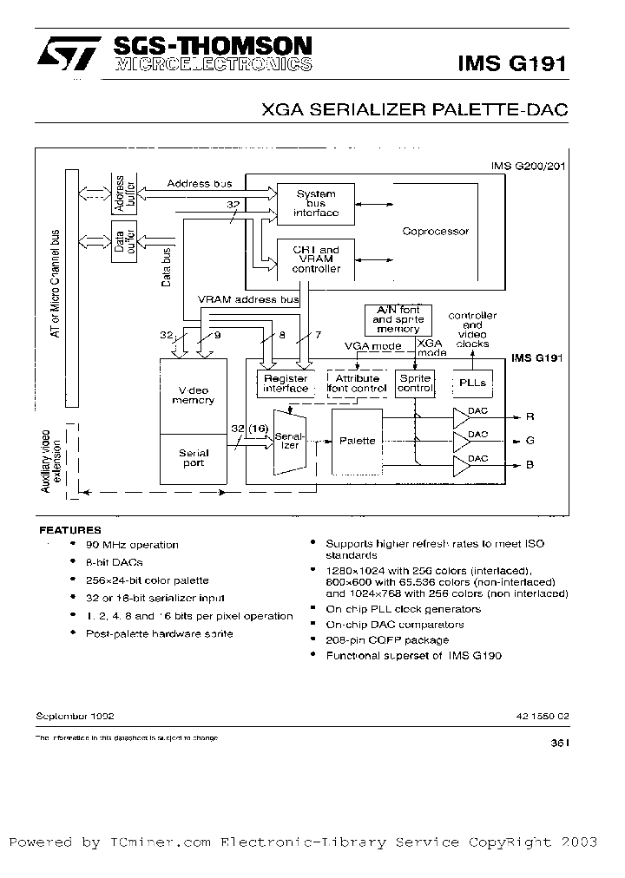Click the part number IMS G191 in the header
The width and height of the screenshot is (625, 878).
tap(511, 62)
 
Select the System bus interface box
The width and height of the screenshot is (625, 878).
tap(316, 204)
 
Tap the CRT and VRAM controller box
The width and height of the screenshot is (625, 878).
tap(316, 259)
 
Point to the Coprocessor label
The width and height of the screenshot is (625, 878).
tap(435, 232)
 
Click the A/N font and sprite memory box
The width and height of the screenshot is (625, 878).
tap(398, 320)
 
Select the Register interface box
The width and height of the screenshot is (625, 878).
tap(286, 383)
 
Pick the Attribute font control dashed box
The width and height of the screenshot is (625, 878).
tap(356, 383)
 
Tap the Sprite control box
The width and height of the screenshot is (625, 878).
tap(415, 383)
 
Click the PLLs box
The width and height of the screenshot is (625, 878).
tap(472, 383)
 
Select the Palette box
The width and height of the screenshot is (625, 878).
tap(357, 441)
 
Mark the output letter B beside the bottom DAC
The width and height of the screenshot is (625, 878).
tap(530, 464)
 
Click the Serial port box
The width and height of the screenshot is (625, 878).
tap(194, 458)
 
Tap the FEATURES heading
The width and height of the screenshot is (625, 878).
tap(70, 529)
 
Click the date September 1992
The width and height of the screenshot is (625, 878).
tap(75, 716)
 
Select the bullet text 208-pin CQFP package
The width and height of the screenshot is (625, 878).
tap(387, 639)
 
